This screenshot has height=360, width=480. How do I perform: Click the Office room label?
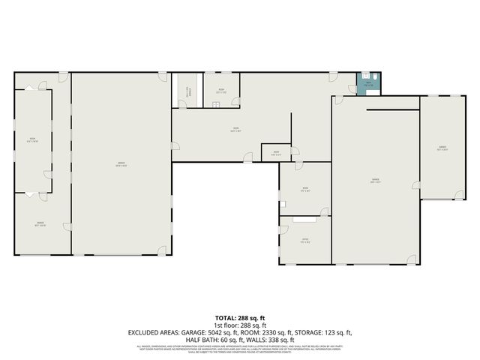[306, 241]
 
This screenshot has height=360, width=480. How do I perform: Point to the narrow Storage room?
[184, 91]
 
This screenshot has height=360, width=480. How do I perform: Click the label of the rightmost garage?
[442, 148]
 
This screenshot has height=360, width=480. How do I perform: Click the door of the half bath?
[353, 88]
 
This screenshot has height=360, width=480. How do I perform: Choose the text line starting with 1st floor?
[240, 325]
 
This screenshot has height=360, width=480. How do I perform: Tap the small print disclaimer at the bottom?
[240, 348]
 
